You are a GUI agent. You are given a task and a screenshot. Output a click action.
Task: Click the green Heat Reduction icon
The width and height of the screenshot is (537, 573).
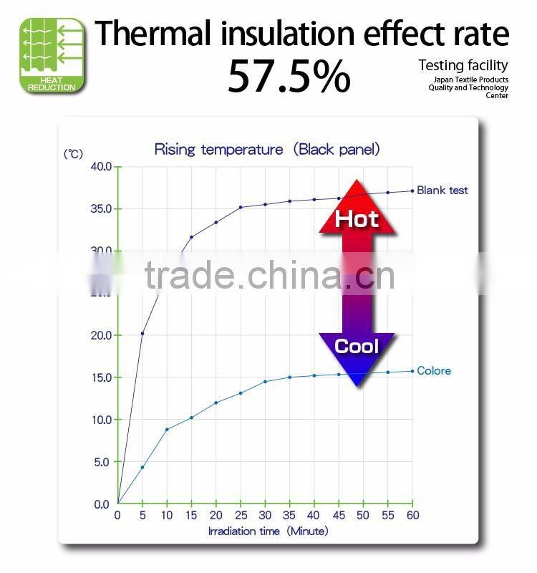[52, 55]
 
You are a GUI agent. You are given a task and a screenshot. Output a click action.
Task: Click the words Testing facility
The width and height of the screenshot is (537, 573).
[463, 66]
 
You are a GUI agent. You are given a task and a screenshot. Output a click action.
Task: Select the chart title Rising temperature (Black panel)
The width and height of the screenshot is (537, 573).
[267, 150]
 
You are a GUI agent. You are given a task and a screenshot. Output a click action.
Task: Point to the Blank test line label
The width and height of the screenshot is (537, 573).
[442, 190]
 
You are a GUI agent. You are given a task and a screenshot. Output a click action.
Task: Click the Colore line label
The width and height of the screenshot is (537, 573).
[434, 370]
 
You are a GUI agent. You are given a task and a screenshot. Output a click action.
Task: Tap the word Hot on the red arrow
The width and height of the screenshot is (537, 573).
[357, 218]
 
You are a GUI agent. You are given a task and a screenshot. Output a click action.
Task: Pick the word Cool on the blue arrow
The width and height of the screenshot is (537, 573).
[357, 347]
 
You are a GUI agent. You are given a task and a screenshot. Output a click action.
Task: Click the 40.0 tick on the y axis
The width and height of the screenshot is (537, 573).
[100, 167]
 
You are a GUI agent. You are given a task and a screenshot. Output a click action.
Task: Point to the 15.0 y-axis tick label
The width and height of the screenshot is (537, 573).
[100, 377]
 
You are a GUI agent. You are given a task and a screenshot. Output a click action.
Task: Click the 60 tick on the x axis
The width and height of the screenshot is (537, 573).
[412, 515]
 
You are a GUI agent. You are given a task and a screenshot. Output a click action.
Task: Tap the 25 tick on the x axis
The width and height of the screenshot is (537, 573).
[241, 515]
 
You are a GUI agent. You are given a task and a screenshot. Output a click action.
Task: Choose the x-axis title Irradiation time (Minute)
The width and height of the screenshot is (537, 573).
[268, 531]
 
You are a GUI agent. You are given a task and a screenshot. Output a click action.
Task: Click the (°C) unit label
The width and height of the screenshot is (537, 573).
[73, 154]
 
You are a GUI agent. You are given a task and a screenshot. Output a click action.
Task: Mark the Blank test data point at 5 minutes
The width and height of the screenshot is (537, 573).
[142, 333]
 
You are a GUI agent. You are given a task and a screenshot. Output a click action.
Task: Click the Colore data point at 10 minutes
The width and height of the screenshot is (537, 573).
[167, 429]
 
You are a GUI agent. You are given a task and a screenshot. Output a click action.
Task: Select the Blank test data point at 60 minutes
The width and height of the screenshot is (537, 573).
[412, 190]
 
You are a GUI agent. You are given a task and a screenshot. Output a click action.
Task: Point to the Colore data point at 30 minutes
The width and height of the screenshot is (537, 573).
[265, 381]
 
